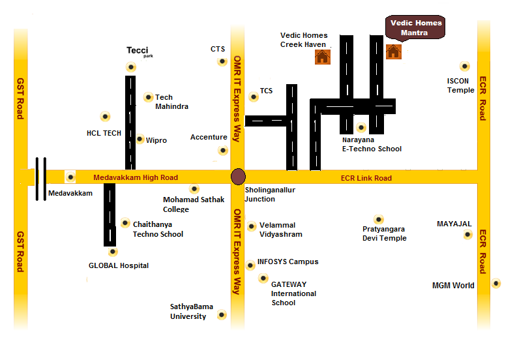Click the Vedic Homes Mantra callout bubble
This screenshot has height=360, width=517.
point(416,27)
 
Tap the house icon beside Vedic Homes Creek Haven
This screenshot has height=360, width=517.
point(322,57)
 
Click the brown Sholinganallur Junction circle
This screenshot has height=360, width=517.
point(239,177)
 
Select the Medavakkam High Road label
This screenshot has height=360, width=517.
point(136,177)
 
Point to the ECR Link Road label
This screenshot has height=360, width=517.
point(366,178)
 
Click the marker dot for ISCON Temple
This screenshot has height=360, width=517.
point(464,66)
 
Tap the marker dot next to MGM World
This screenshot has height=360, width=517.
point(496,283)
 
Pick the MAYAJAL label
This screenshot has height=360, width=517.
point(454,224)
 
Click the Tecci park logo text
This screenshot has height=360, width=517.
point(138,51)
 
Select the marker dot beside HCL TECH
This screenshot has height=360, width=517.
point(106,117)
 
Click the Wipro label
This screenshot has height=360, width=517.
point(156,140)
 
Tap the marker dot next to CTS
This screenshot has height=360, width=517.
point(222,61)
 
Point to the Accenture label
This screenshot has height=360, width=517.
point(209,138)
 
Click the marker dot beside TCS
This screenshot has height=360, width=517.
point(254,97)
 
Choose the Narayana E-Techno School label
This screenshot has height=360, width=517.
point(372,144)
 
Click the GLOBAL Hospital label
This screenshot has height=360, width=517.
point(119,265)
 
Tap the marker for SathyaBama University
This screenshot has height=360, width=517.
point(221,316)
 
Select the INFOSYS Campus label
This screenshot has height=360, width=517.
point(288,262)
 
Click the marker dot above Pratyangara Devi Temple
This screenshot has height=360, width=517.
point(378,219)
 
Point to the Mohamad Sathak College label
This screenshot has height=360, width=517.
point(193,204)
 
